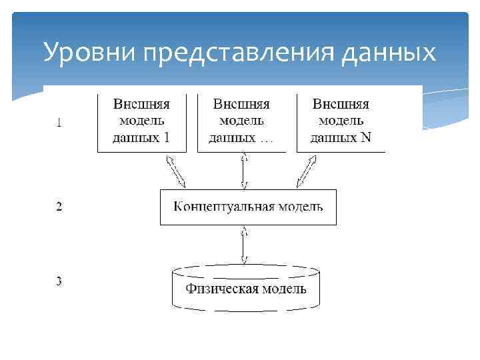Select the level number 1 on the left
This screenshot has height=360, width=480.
[59, 122]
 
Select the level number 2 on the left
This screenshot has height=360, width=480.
[59, 207]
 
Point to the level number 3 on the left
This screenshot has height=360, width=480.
[59, 281]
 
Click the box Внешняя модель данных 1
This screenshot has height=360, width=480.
[141, 122]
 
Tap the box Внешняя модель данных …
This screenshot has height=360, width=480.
[241, 122]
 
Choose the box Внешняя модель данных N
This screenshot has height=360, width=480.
[341, 122]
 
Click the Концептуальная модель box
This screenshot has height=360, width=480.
[248, 207]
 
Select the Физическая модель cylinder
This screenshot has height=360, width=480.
[245, 289]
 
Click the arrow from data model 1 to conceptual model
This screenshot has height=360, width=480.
[177, 171]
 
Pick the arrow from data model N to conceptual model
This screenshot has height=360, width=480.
[305, 171]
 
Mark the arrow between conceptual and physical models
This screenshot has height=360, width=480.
[245, 245]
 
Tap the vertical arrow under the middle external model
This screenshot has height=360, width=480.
[245, 170]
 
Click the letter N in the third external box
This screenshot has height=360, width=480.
[365, 139]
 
